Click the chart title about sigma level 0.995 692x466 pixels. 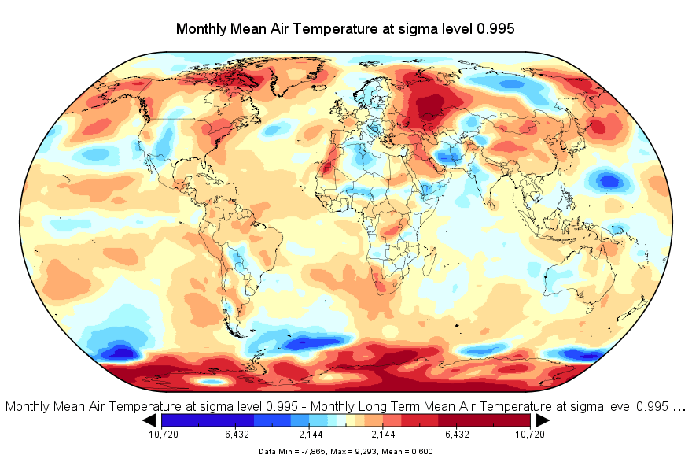(x=345, y=29)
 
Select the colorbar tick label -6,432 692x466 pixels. (x=235, y=435)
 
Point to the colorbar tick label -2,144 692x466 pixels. (x=309, y=435)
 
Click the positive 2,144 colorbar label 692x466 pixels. (x=383, y=435)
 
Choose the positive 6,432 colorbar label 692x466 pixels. (x=457, y=435)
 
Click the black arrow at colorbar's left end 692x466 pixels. (x=150, y=420)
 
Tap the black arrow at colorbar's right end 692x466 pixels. (x=542, y=420)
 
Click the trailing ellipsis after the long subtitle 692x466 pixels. (x=680, y=407)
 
